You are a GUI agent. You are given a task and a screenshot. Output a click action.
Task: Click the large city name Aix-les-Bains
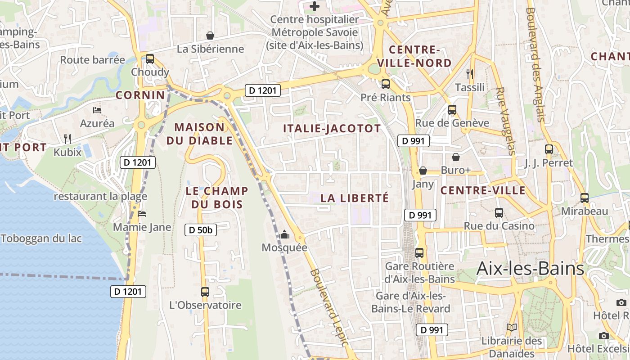(530, 269)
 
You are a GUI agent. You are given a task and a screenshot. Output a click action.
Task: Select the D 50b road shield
(201, 230)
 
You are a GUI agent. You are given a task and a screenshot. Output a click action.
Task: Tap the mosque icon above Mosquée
(284, 235)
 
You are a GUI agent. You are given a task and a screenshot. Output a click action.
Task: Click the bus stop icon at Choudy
(150, 59)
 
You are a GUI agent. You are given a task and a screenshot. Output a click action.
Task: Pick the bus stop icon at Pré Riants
(386, 84)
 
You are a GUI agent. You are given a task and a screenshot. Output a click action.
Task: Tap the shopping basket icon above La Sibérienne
(210, 36)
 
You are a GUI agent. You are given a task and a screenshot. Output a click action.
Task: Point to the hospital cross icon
(315, 6)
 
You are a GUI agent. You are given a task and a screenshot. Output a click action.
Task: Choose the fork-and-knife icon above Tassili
(470, 74)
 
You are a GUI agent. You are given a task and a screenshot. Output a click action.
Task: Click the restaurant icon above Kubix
(67, 139)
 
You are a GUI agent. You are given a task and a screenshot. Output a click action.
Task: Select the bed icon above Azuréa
(97, 110)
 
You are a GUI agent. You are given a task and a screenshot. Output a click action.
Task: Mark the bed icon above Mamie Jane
(142, 214)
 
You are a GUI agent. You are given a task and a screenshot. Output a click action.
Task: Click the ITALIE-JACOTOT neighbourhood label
(332, 129)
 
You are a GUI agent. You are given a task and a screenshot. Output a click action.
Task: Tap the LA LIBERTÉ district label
(355, 198)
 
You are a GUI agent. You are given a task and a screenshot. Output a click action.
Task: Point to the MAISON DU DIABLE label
(199, 134)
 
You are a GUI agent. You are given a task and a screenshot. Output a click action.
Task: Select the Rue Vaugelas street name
(505, 121)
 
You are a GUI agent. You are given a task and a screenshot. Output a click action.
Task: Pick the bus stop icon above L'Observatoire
(205, 292)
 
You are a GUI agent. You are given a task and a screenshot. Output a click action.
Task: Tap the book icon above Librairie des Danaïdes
(511, 327)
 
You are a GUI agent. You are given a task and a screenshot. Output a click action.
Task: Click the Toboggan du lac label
(41, 238)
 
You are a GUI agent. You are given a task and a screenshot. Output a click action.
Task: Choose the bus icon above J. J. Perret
(549, 149)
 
